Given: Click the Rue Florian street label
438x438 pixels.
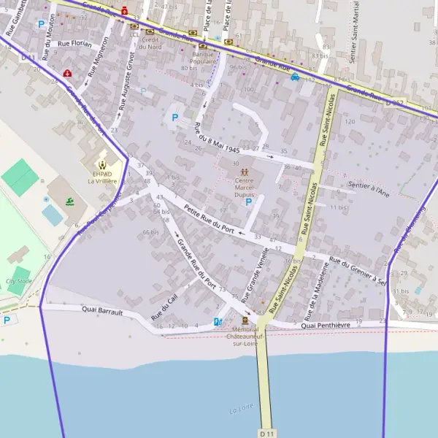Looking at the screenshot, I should pyautogui.click(x=74, y=44).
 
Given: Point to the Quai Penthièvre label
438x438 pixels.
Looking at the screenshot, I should pyautogui.click(x=336, y=324).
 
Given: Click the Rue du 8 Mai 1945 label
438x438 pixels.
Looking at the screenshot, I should pyautogui.click(x=217, y=139).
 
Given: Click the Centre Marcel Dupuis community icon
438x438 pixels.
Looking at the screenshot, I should pyautogui.click(x=244, y=172).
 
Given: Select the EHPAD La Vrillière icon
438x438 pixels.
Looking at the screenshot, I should pyautogui.click(x=103, y=164).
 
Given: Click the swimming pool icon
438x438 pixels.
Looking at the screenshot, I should pyautogui.click(x=69, y=201).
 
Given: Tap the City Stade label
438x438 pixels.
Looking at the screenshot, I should pyautogui.click(x=19, y=280).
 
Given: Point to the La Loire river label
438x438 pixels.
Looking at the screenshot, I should pyautogui.click(x=240, y=410).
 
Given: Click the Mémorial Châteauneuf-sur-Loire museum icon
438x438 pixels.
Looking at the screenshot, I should pyautogui.click(x=244, y=320).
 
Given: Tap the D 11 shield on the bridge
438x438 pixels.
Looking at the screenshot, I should pyautogui.click(x=267, y=433).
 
